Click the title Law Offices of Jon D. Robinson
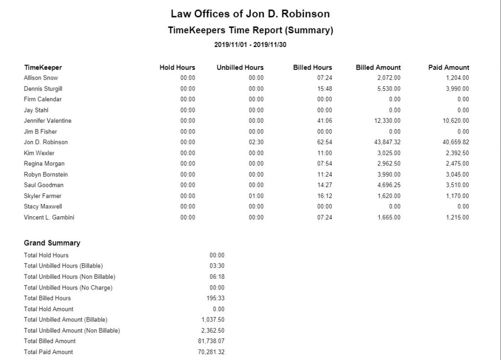[250, 14]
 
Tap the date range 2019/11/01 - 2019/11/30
[250, 45]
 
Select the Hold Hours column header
[177, 67]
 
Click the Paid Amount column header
[448, 67]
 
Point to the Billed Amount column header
[378, 67]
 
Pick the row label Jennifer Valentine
[47, 121]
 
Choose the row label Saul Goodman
[44, 185]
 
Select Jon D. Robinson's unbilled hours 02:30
[256, 142]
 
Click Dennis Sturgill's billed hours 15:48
[324, 89]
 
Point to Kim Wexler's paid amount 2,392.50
[457, 153]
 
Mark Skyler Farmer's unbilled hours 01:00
[256, 196]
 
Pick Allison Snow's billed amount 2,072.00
[389, 78]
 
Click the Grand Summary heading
[52, 243]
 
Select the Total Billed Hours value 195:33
[215, 298]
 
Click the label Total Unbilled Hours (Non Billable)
[69, 277]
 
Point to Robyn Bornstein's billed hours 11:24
[324, 175]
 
